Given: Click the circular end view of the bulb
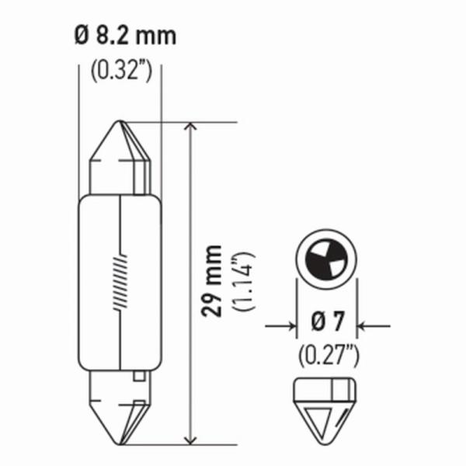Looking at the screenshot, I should [327, 256].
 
